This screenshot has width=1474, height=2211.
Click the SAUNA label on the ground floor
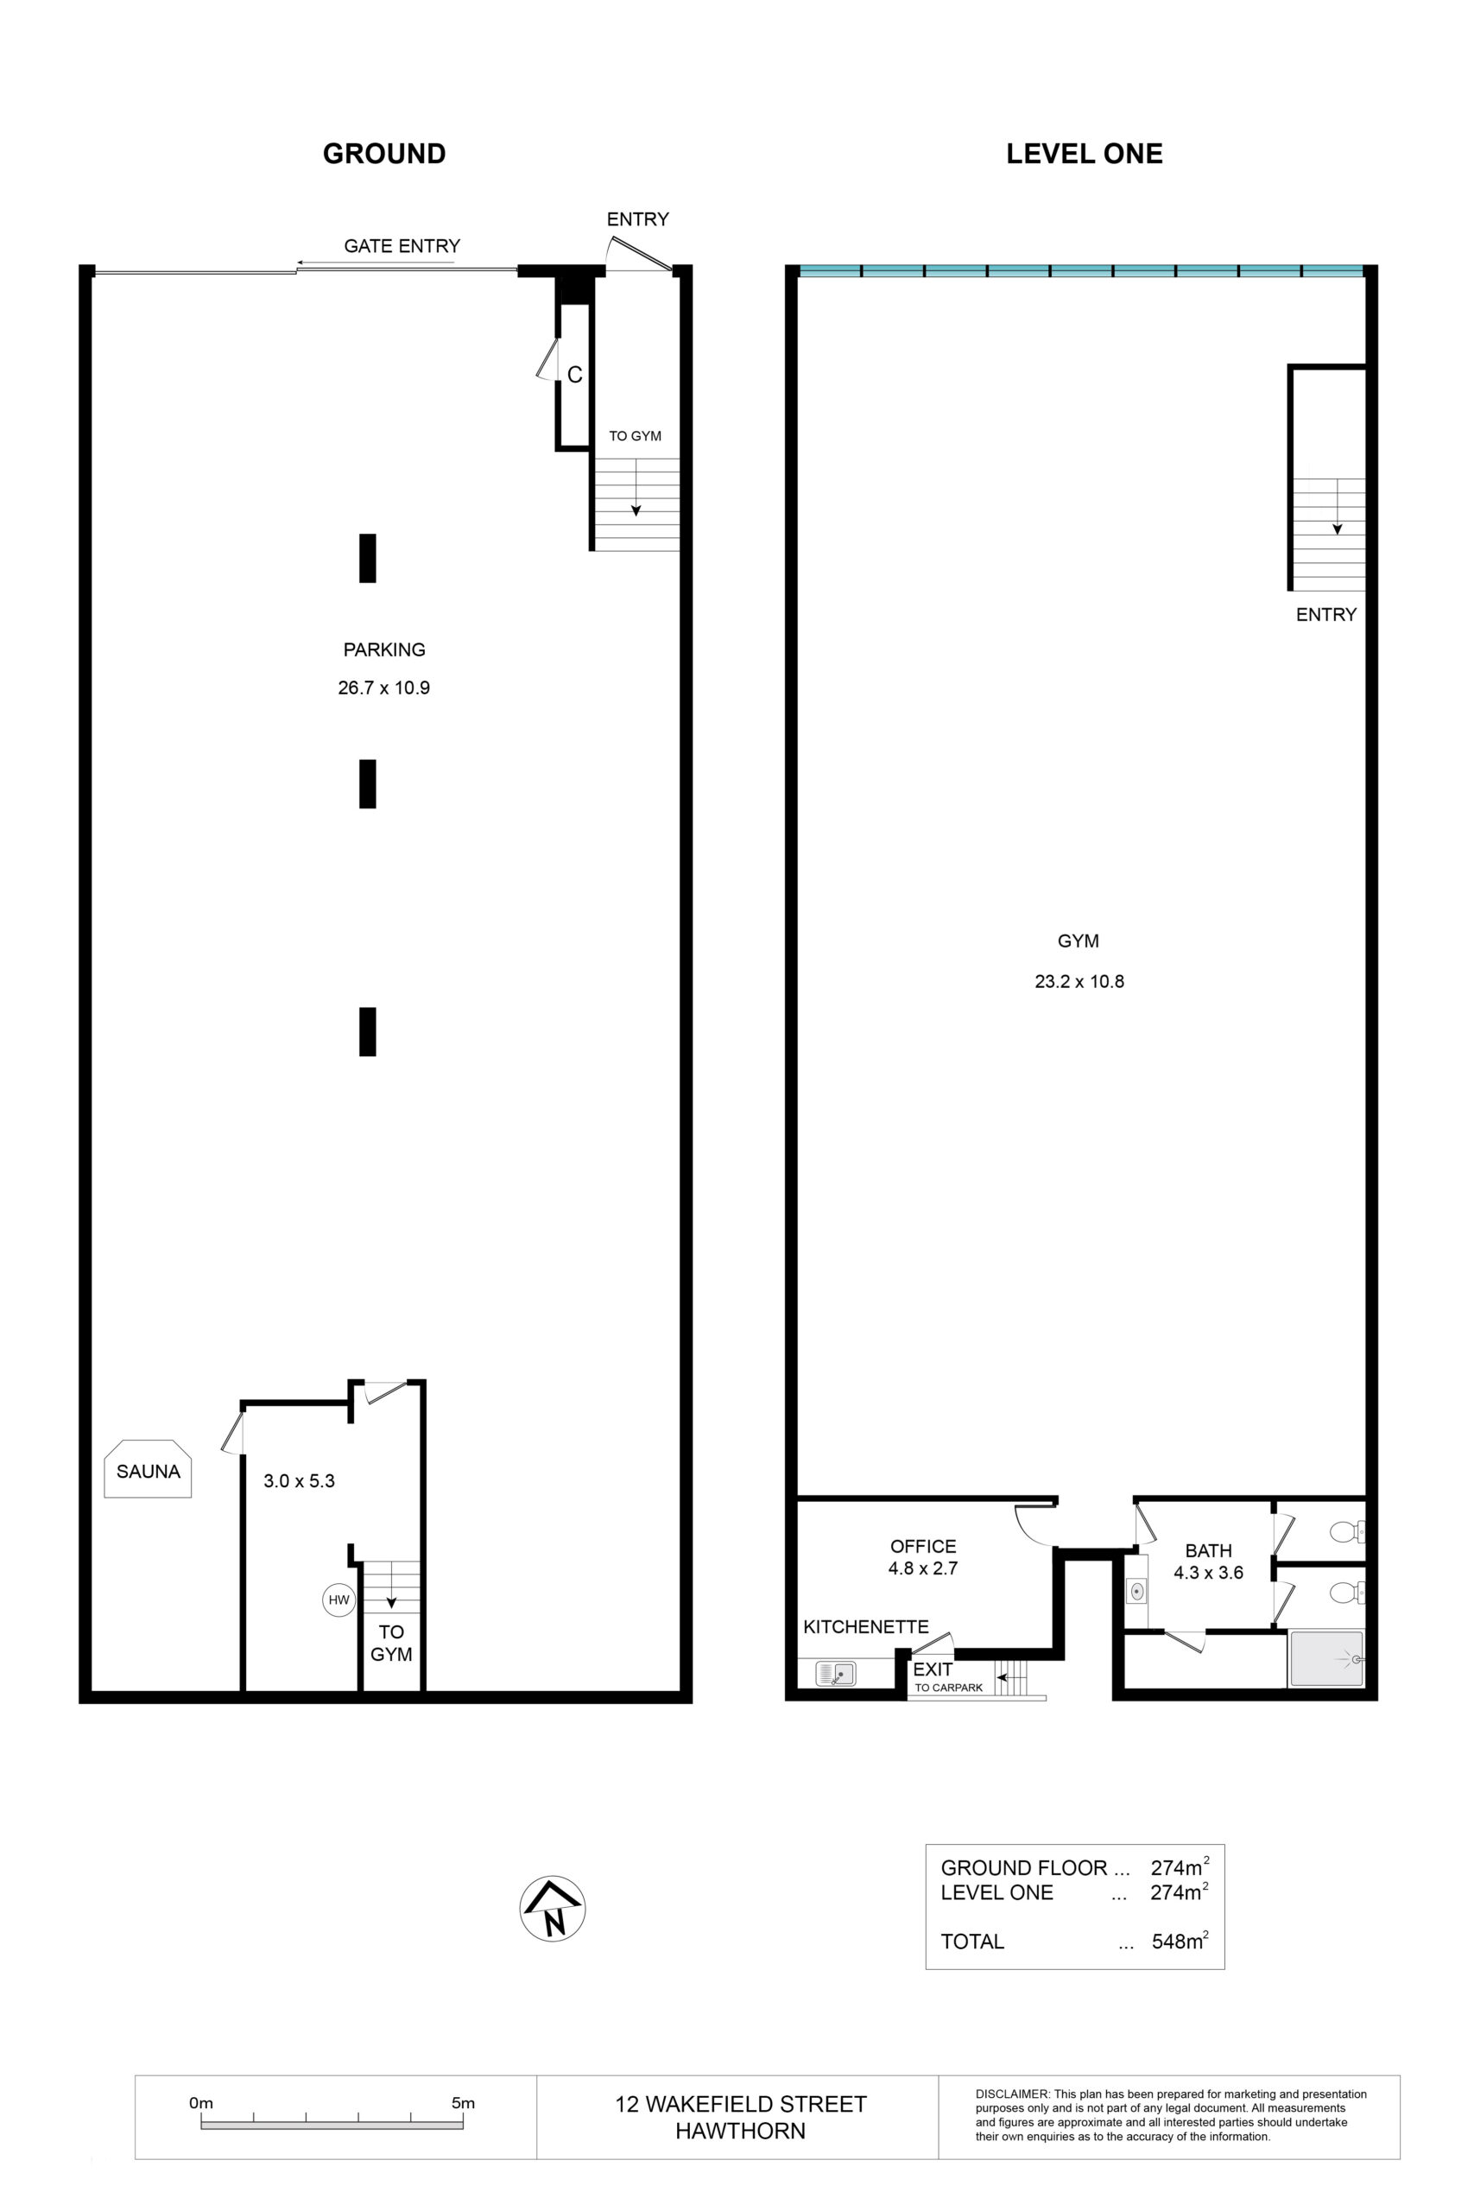click(x=149, y=1471)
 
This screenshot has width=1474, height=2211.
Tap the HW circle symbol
click(x=338, y=1600)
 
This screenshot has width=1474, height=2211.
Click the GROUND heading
click(x=384, y=153)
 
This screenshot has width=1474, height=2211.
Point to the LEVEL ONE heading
click(x=1085, y=153)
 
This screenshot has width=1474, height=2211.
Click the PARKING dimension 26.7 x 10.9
click(x=384, y=687)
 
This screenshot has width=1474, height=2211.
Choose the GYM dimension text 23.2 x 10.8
click(x=1079, y=981)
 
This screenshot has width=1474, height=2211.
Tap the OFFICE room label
click(x=923, y=1546)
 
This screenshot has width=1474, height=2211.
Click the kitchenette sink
click(x=836, y=1673)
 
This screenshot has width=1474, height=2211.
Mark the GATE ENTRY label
click(x=402, y=246)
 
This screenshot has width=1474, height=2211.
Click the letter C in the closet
click(x=574, y=375)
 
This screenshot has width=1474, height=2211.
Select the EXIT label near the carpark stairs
click(x=933, y=1669)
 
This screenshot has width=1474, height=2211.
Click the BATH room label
click(x=1208, y=1551)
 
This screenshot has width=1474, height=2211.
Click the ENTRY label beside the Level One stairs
click(x=1326, y=615)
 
